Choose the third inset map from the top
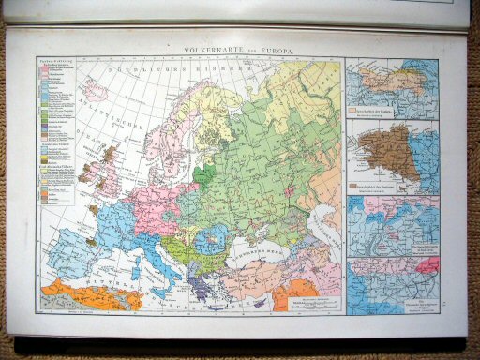point(392,226)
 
